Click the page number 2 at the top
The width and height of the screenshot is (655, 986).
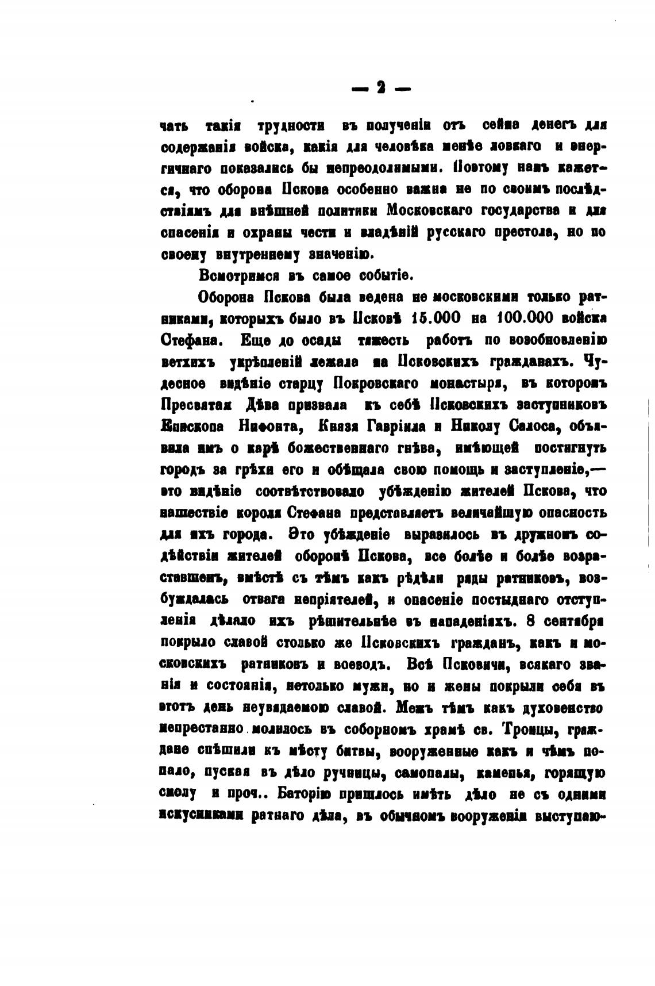point(380,87)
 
